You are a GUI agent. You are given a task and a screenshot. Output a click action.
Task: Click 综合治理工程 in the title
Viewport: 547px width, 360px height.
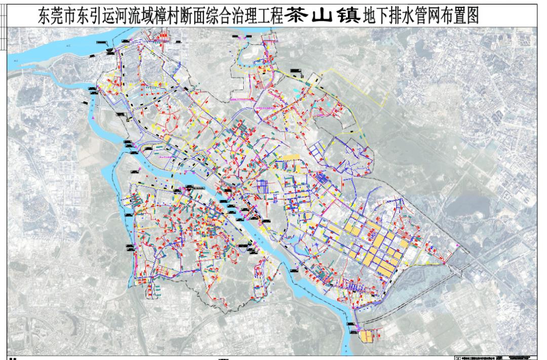(236, 16)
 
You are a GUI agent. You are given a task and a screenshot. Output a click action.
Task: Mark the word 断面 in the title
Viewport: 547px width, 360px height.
(197, 16)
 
